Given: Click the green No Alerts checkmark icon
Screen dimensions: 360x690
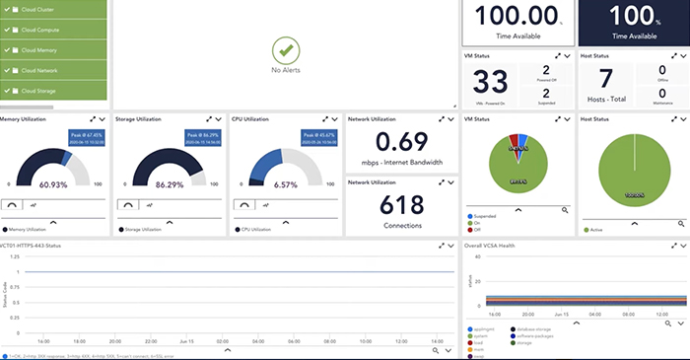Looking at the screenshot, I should tap(284, 48).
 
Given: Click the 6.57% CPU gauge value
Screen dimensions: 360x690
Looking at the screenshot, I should tap(285, 184).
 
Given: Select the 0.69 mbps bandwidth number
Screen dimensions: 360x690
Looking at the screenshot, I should tap(400, 141).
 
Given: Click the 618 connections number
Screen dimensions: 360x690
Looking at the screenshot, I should tap(400, 204).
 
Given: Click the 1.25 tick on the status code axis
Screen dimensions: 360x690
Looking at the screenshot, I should tap(15, 255).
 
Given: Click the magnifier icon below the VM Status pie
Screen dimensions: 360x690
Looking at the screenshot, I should tap(565, 210).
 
